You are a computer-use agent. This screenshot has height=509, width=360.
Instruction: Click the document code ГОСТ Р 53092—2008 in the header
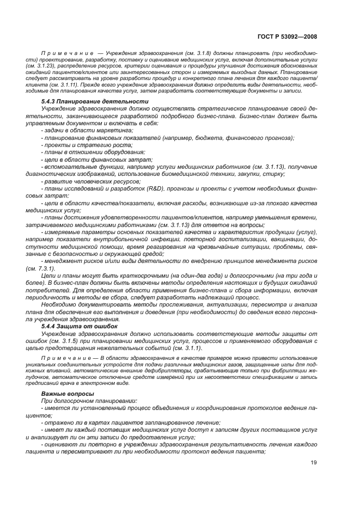[x=287, y=36]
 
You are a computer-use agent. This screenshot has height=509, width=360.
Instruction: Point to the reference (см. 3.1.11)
[x=52, y=85]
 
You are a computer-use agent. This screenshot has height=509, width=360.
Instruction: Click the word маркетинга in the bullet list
[x=109, y=131]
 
